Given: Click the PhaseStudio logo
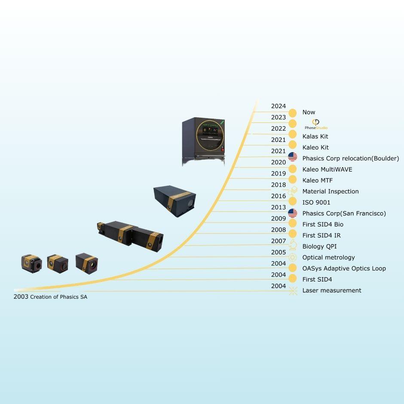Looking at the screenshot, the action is (x=316, y=124).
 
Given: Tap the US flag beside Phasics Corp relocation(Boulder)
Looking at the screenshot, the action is (x=292, y=156).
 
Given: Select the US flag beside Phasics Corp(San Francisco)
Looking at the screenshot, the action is (x=292, y=213).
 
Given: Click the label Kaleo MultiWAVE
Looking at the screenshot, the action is (x=327, y=169).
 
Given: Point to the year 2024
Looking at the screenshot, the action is (x=279, y=106).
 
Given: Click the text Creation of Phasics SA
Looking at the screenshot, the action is (x=59, y=297).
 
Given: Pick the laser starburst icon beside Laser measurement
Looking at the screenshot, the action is (x=293, y=291).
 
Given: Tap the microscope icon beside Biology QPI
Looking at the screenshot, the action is (x=293, y=245).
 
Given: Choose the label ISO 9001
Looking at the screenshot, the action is (x=316, y=202).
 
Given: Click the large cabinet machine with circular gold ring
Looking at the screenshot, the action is (x=203, y=141).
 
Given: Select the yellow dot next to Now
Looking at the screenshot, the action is (x=292, y=113).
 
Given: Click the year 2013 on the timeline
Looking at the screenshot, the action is (x=279, y=207).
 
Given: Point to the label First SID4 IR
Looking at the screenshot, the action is (x=321, y=235).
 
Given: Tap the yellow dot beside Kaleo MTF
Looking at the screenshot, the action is (x=292, y=179).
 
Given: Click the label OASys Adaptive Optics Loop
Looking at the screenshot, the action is (x=344, y=269).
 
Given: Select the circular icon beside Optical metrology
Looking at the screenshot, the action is (x=292, y=257).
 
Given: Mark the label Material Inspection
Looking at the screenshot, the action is (x=331, y=191).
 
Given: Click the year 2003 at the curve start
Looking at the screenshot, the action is (x=21, y=297).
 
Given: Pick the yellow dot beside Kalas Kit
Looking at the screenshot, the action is (x=292, y=134).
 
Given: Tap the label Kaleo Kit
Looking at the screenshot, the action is (x=315, y=147).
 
